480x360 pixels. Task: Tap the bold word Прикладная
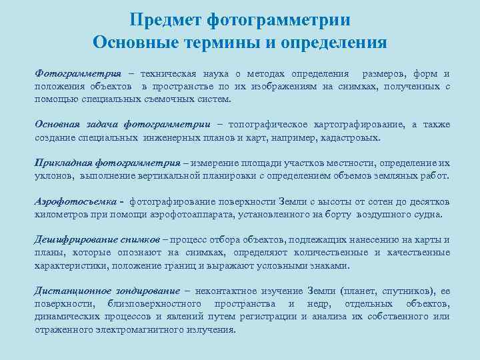pyautogui.click(x=63, y=163)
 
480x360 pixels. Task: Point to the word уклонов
pyautogui.click(x=53, y=175)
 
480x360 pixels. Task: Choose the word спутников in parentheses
pyautogui.click(x=405, y=291)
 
